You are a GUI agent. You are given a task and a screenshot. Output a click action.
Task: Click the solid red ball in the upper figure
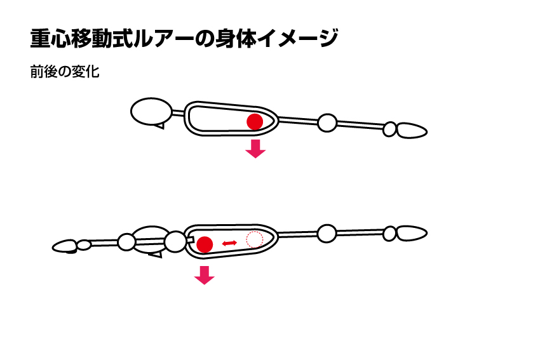255,122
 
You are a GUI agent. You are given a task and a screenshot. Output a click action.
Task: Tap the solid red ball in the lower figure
205,244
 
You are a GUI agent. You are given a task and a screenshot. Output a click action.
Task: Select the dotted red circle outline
255,239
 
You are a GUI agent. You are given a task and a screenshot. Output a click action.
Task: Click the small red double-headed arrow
229,243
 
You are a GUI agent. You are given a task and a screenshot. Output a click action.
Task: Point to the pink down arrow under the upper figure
255,149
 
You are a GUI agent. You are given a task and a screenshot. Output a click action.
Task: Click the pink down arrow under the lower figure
204,275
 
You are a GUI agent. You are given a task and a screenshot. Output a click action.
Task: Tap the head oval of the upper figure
152,111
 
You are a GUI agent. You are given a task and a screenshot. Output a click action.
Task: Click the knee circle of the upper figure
327,123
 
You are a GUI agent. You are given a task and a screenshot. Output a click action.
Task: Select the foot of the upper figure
412,131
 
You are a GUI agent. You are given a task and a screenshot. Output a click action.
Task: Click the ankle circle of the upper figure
389,129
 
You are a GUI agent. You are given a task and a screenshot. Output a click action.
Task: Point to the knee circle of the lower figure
327,234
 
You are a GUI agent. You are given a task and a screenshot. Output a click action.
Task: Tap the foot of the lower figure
412,233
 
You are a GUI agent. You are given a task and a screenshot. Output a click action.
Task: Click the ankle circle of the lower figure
389,234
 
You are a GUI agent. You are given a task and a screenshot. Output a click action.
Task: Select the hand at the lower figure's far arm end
65,246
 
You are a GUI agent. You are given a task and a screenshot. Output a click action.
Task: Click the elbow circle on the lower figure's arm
126,242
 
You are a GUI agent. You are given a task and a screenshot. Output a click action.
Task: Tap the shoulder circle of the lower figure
175,242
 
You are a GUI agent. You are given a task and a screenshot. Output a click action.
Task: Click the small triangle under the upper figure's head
160,126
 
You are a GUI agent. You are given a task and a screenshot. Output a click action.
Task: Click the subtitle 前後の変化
65,72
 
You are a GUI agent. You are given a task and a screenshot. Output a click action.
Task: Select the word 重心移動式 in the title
82,38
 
